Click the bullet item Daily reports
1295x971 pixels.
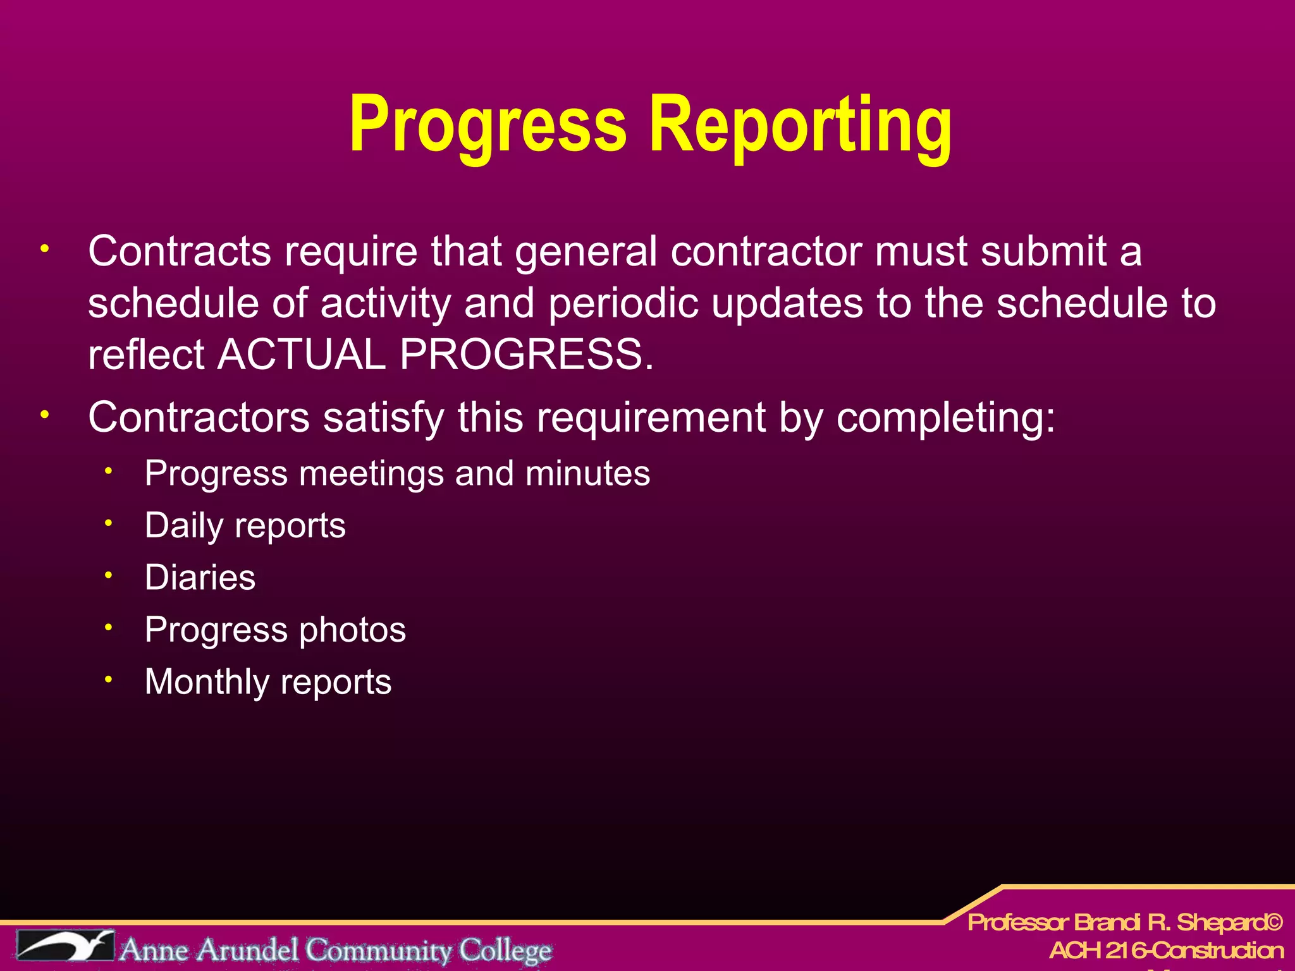pyautogui.click(x=245, y=526)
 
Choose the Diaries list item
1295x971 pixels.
pyautogui.click(x=200, y=578)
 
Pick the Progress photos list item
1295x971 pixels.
pyautogui.click(x=275, y=630)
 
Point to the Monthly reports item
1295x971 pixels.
pyautogui.click(x=268, y=682)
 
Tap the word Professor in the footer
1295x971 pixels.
pyautogui.click(x=1018, y=923)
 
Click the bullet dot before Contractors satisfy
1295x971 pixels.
pyautogui.click(x=44, y=415)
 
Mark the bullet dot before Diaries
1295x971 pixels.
pyautogui.click(x=109, y=575)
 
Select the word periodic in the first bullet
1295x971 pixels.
pyautogui.click(x=623, y=304)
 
